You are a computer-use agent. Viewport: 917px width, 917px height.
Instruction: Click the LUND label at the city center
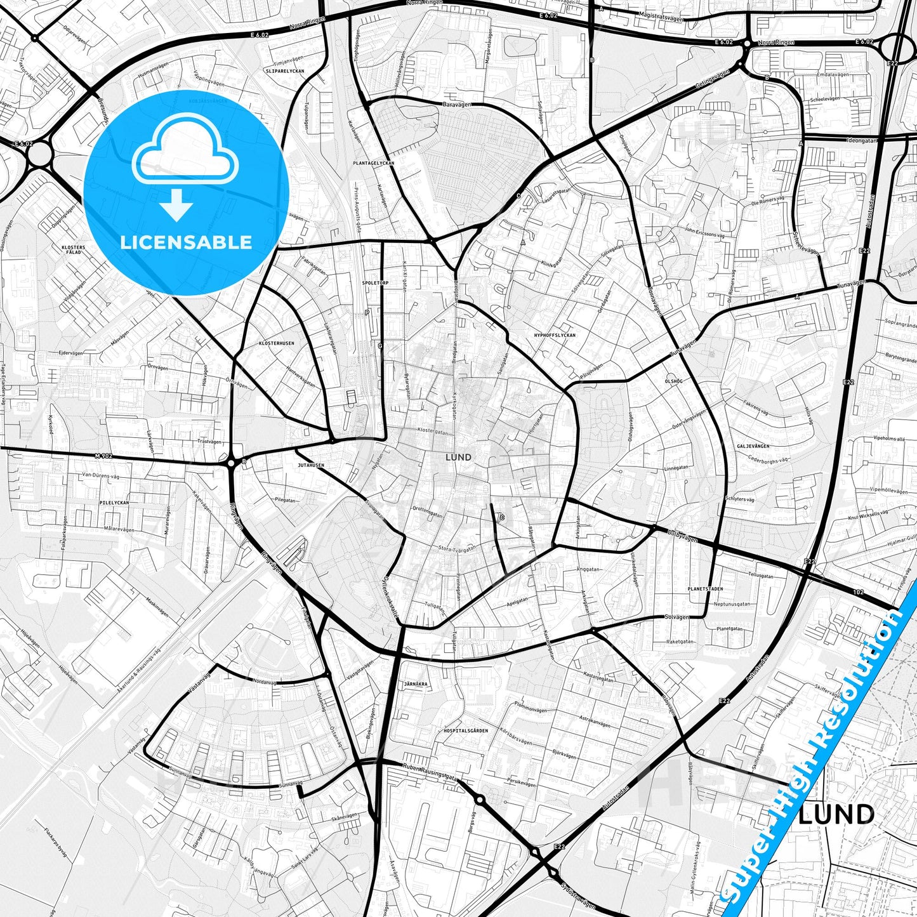458,457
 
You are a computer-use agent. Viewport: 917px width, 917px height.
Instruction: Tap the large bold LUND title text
836,814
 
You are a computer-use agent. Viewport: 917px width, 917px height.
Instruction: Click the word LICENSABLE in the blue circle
186,242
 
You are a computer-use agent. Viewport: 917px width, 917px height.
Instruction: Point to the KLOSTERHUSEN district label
277,343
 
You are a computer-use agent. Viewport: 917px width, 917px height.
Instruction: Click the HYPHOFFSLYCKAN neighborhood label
555,334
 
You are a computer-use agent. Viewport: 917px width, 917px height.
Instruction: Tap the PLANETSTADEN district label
705,589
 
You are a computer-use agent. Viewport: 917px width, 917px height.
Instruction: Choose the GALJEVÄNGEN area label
753,446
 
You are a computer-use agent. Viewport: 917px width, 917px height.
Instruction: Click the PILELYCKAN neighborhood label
114,503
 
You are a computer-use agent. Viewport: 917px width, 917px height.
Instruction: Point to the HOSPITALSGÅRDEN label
466,730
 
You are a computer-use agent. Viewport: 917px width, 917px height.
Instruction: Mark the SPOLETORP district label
374,282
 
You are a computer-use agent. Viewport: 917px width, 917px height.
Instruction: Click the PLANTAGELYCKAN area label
374,163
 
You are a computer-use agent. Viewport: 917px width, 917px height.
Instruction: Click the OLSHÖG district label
673,381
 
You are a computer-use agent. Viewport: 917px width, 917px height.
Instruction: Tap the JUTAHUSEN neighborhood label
311,465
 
